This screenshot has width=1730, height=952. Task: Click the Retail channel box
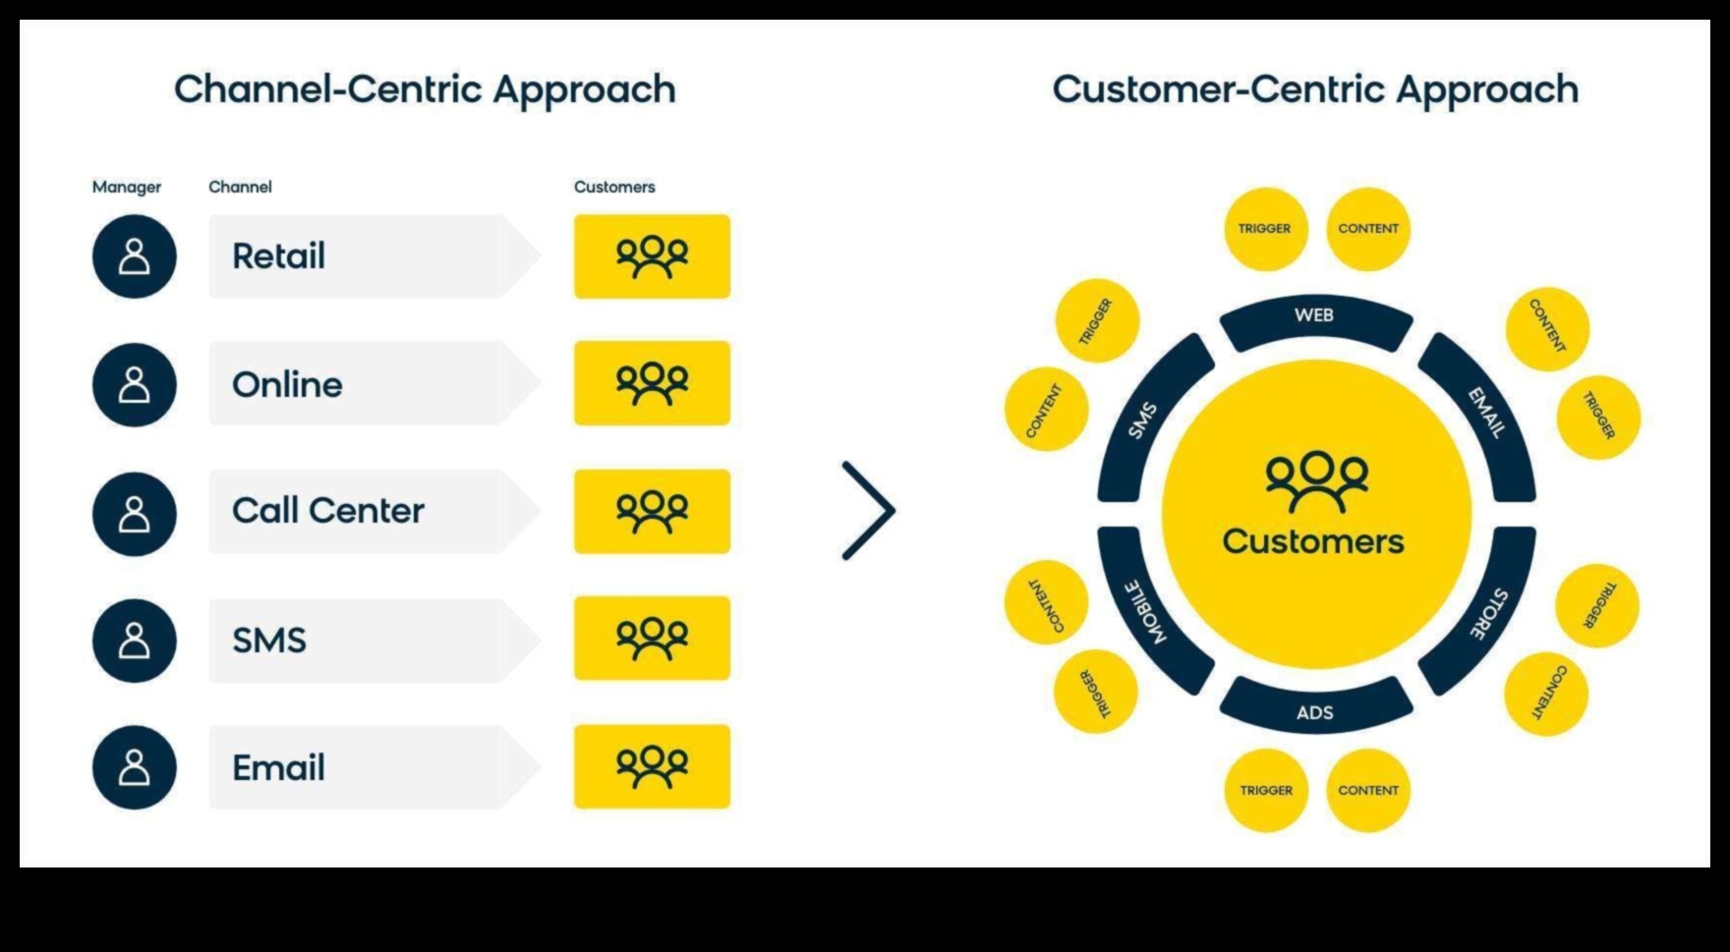[x=364, y=256]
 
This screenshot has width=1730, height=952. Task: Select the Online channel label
[x=287, y=384]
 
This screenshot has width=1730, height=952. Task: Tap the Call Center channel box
[x=364, y=511]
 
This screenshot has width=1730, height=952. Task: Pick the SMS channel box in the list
[x=364, y=640]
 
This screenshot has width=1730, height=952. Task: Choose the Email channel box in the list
[x=364, y=767]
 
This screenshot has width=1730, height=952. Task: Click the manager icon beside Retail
[x=135, y=256]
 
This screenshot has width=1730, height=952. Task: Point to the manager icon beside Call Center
[x=135, y=514]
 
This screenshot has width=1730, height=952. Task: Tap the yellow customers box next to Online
[x=652, y=383]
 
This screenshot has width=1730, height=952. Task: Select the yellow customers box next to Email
[x=652, y=766]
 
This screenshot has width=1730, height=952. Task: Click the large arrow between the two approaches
[x=868, y=511]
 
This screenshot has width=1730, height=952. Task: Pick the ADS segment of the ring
[x=1315, y=709]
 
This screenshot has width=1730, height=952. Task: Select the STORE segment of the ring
[x=1486, y=611]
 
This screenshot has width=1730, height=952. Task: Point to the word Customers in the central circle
[x=1313, y=541]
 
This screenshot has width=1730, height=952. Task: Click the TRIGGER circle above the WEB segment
[x=1265, y=229]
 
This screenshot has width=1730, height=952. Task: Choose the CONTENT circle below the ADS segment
[x=1368, y=790]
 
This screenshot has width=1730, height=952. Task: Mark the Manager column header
[x=127, y=187]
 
